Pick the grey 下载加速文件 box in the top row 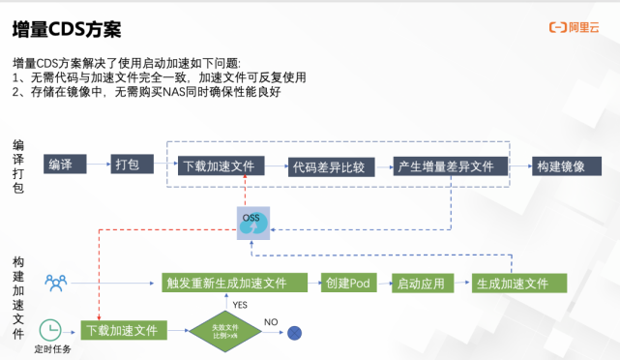pos(220,165)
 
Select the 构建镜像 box pos(562,165)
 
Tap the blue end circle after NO pos(295,332)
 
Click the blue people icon pos(56,284)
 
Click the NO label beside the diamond pos(271,321)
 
